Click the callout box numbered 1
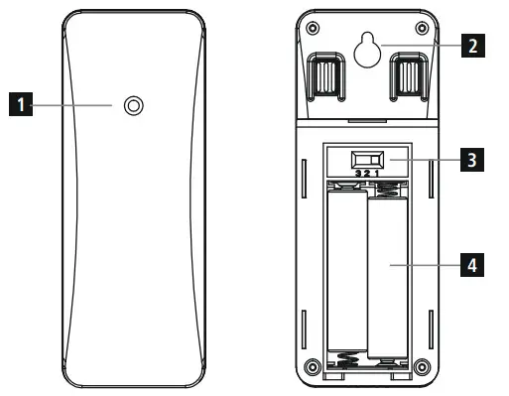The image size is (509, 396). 17,103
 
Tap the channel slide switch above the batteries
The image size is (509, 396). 368,159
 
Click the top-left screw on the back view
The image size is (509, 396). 314,26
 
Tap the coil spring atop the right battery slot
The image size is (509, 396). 388,186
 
